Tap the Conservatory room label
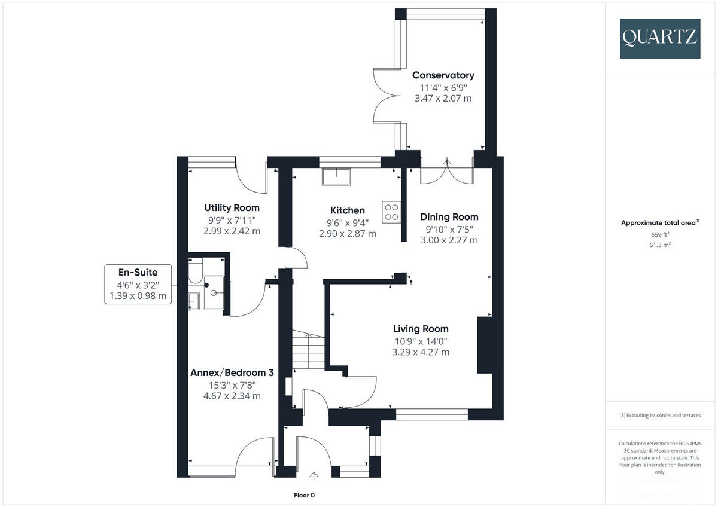click(x=443, y=75)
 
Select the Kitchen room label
click(x=348, y=210)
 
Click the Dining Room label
click(x=449, y=217)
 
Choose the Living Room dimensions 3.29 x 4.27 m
click(x=420, y=352)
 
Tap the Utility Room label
click(x=232, y=208)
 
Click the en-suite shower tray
click(x=214, y=293)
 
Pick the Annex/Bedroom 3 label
click(x=232, y=372)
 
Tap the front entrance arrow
click(x=315, y=476)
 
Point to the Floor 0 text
click(x=304, y=495)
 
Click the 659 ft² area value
click(x=660, y=234)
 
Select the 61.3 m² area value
click(x=660, y=245)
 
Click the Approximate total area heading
click(x=660, y=222)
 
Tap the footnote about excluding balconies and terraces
click(x=660, y=416)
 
